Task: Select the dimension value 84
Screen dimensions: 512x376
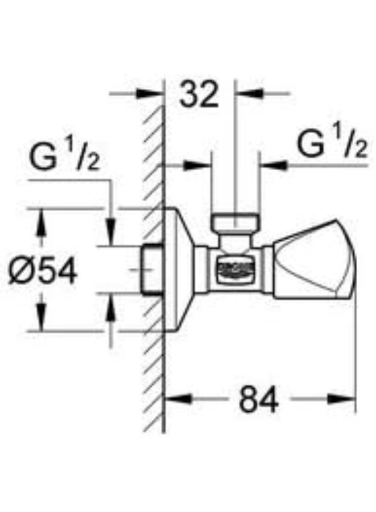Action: [259, 400]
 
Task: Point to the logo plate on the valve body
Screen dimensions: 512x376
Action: [235, 267]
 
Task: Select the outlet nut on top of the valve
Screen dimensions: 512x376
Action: [235, 222]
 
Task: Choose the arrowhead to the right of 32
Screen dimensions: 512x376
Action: [245, 94]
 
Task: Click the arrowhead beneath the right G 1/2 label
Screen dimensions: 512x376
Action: [268, 166]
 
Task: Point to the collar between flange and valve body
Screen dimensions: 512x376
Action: [203, 267]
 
